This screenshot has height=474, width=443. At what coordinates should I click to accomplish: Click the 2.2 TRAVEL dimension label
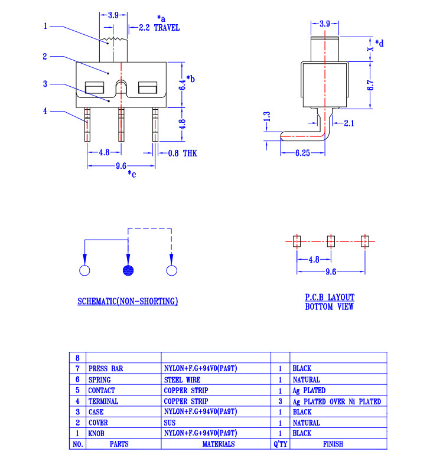click(x=159, y=28)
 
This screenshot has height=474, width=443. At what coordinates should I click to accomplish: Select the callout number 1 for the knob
click(x=45, y=26)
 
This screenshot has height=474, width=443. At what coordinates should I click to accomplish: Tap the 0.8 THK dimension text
click(x=182, y=153)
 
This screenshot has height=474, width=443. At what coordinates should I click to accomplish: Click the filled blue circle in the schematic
click(x=128, y=271)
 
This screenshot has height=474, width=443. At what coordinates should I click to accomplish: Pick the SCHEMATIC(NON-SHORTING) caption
click(x=128, y=302)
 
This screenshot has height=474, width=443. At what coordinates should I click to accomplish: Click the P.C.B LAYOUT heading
click(x=330, y=298)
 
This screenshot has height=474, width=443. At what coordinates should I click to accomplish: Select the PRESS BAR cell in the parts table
click(x=106, y=368)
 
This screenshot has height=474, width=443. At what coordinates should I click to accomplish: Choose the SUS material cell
click(x=169, y=423)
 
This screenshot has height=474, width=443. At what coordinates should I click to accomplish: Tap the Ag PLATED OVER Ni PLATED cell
click(x=337, y=401)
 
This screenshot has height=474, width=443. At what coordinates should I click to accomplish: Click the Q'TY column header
click(x=280, y=444)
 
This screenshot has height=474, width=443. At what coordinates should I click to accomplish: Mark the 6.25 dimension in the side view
click(x=302, y=153)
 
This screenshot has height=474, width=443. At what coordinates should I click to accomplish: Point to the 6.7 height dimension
click(x=370, y=84)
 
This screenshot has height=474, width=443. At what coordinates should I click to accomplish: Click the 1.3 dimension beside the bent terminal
click(x=267, y=117)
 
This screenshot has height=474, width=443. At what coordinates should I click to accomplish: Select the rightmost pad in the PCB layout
click(x=364, y=241)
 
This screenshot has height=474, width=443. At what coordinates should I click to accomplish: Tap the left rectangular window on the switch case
click(x=95, y=90)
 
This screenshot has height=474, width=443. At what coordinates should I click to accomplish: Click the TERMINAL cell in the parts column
click(x=103, y=401)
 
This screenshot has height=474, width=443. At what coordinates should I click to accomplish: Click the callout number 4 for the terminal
click(x=45, y=110)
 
